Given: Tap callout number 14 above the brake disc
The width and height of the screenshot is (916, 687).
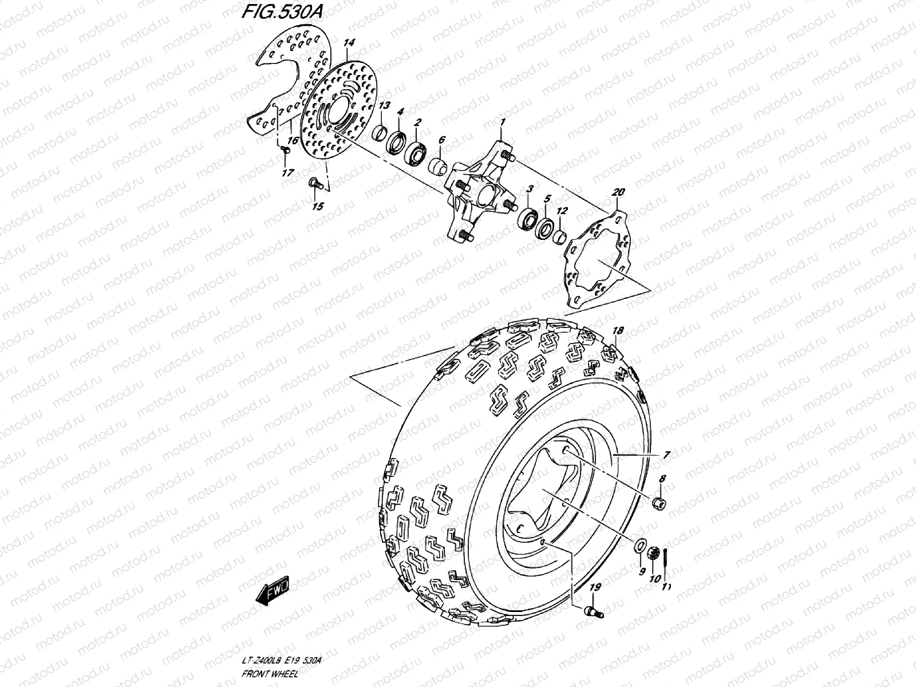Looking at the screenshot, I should point(349,44).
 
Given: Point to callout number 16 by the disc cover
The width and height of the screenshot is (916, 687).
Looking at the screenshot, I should point(292,140).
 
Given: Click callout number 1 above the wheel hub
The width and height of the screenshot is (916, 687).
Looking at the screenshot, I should point(503,123).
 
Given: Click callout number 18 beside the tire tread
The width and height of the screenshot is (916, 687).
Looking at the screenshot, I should point(618,331).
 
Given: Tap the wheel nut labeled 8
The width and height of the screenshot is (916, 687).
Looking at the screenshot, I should point(660,504).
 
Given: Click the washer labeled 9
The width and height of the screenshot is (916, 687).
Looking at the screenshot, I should point(639,546).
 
